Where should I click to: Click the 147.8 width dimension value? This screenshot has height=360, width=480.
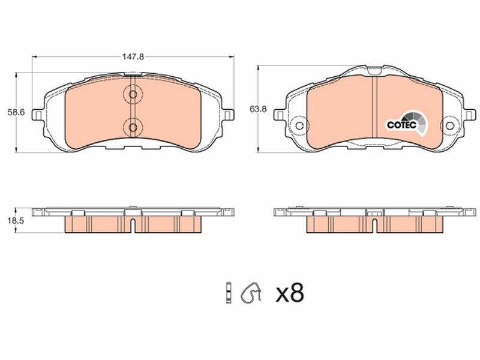(x=133, y=56)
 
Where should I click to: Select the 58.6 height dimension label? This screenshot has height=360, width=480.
(x=16, y=112)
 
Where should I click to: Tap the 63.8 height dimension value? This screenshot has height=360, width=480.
(x=258, y=109)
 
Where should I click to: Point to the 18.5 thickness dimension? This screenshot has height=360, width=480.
(x=16, y=221)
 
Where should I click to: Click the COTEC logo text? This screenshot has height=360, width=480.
(x=401, y=125)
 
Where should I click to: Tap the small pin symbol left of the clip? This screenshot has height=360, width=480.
(x=228, y=292)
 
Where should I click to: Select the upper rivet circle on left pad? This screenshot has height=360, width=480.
(x=133, y=94)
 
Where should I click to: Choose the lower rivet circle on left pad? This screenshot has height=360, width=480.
(x=133, y=127)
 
